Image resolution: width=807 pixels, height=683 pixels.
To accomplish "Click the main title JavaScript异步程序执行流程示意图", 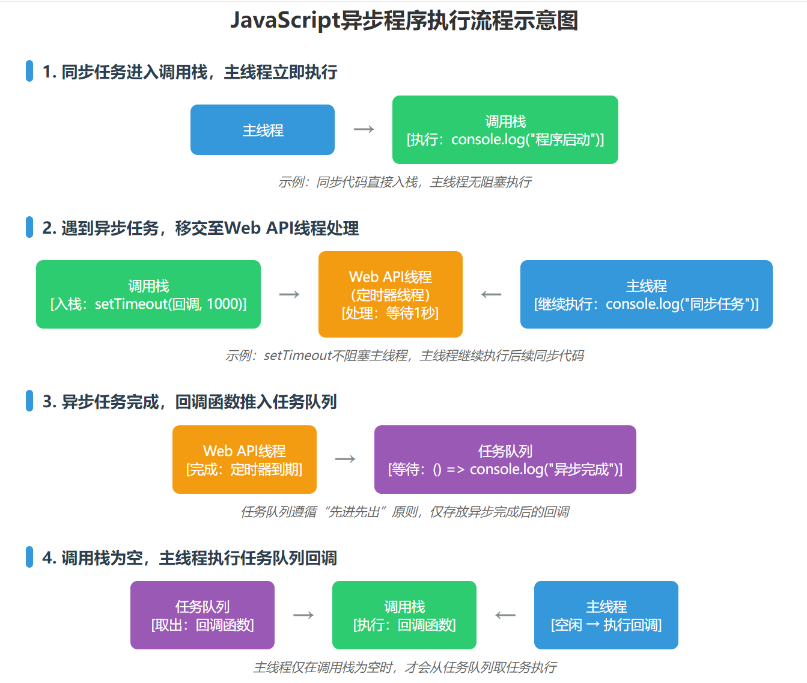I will click(404, 20).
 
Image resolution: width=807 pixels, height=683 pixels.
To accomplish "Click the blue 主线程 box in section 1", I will click(263, 130).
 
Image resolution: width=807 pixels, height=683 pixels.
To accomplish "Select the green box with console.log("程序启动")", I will click(505, 130).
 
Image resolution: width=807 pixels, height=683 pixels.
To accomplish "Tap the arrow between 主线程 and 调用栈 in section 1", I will click(364, 129).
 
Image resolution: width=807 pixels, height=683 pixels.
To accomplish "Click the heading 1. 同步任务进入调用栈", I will click(189, 72).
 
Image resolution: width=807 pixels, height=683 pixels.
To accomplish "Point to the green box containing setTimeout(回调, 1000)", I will click(148, 294).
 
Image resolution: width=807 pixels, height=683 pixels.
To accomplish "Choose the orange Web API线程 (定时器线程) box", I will click(391, 294).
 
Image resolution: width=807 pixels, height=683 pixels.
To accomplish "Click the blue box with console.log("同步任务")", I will click(646, 294).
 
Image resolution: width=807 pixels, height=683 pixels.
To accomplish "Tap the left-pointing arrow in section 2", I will click(492, 294).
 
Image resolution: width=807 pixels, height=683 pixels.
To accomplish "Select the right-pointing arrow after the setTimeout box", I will click(290, 294).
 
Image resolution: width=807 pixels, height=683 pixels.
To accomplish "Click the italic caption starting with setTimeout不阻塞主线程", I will click(404, 356).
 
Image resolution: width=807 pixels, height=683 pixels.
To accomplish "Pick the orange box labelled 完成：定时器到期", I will click(245, 460).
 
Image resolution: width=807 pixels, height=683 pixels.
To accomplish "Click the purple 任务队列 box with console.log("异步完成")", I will click(505, 460).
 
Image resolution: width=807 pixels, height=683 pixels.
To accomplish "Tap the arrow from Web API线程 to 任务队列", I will click(346, 460).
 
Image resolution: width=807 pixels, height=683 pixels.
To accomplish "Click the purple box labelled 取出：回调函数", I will click(203, 615).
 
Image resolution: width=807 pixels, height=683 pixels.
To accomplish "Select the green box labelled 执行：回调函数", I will click(404, 615).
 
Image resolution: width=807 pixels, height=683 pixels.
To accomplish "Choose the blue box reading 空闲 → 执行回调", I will click(606, 615).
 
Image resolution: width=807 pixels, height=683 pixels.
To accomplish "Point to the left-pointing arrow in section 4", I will click(505, 615).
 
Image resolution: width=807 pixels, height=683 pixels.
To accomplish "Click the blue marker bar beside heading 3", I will click(29, 401).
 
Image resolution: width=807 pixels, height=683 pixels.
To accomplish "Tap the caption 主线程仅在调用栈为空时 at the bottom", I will click(404, 667).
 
